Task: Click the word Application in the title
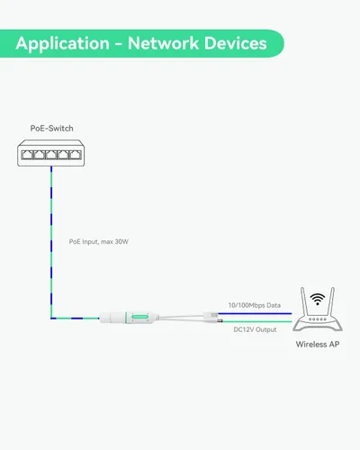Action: pyautogui.click(x=60, y=43)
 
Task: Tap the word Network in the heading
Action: pyautogui.click(x=164, y=43)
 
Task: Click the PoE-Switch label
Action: pyautogui.click(x=51, y=128)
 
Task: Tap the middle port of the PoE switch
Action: pyautogui.click(x=52, y=155)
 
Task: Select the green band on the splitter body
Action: pyautogui.click(x=139, y=318)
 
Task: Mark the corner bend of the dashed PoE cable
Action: pyautogui.click(x=52, y=318)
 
